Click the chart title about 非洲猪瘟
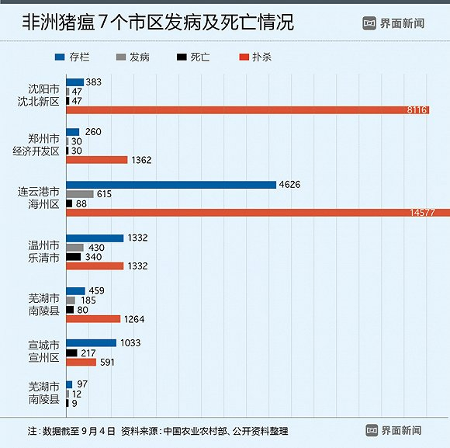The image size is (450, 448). click(x=157, y=23)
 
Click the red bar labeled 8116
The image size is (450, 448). click(x=247, y=110)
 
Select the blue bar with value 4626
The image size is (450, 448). click(x=171, y=184)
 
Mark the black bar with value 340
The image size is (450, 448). click(x=74, y=256)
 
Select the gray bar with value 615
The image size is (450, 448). click(x=80, y=194)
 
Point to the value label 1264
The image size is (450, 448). click(x=133, y=319)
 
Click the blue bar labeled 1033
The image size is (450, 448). click(x=91, y=342)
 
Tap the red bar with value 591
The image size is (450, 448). click(x=81, y=362)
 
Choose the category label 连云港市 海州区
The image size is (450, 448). click(x=39, y=197)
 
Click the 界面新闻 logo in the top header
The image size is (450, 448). click(x=393, y=23)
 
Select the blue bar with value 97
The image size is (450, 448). click(x=69, y=384)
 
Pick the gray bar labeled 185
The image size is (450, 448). click(x=71, y=300)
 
